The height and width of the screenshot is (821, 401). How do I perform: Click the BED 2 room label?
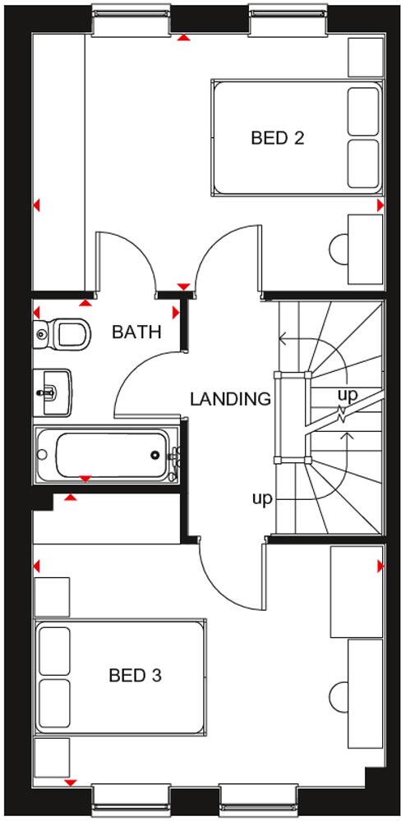[277, 137]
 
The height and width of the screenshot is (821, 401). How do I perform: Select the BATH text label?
[136, 333]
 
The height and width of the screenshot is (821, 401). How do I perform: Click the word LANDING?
[230, 400]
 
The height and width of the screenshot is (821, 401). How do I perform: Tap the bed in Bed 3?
[119, 677]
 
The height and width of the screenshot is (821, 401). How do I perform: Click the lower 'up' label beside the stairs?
[262, 499]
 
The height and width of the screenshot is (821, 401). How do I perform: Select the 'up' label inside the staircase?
[348, 395]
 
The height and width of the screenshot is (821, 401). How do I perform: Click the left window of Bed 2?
[131, 21]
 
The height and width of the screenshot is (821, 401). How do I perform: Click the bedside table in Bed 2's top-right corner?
[365, 57]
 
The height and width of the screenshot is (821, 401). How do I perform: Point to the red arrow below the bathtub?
[85, 478]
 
